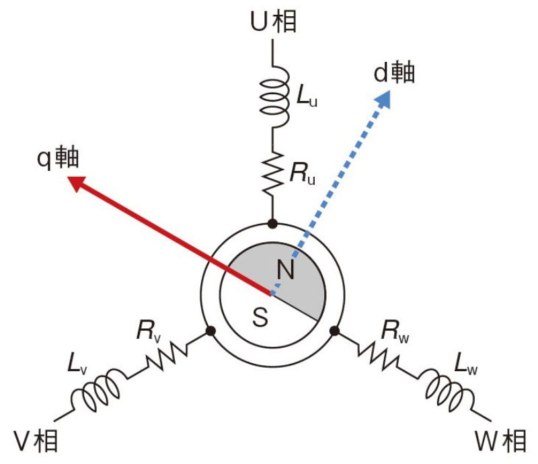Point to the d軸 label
pyautogui.click(x=395, y=72)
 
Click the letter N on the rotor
pyautogui.click(x=286, y=270)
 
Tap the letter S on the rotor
pyautogui.click(x=260, y=317)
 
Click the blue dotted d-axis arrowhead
pyautogui.click(x=383, y=100)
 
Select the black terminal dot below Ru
pyautogui.click(x=273, y=223)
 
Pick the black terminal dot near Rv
pyautogui.click(x=211, y=331)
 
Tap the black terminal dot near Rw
pyautogui.click(x=334, y=331)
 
